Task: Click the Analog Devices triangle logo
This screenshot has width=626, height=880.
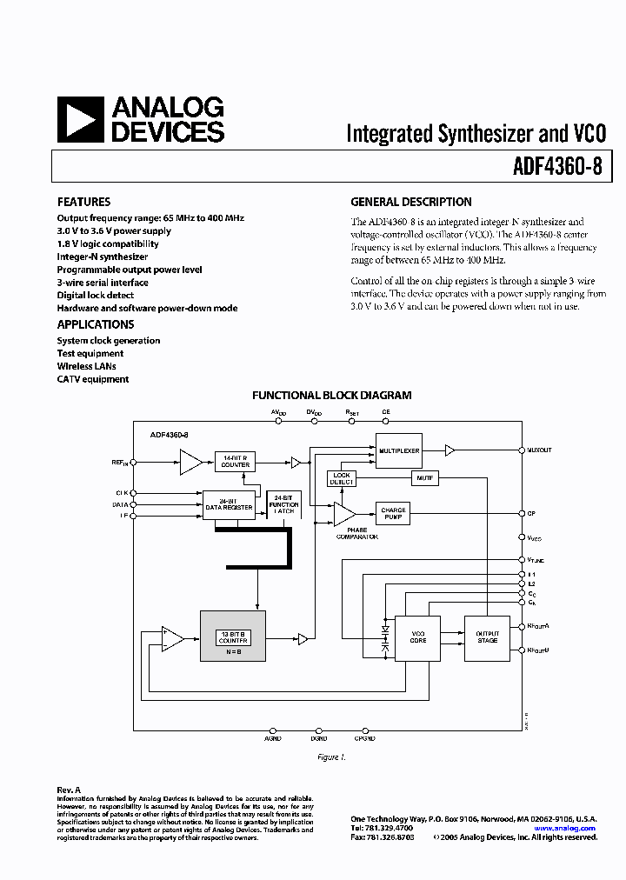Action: tap(80, 119)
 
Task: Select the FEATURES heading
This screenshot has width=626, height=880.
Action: tap(83, 202)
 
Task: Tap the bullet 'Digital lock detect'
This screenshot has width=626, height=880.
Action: tap(96, 296)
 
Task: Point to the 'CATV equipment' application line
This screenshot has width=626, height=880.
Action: tap(93, 379)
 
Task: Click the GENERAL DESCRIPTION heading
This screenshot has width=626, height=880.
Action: tap(411, 202)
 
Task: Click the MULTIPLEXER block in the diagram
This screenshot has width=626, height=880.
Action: tap(398, 450)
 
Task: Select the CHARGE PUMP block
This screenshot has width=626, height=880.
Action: tap(393, 513)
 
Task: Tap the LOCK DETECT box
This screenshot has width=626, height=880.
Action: tap(342, 478)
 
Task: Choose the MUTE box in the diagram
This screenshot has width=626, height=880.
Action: tap(424, 478)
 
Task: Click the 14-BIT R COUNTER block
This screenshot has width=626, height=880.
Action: tap(235, 462)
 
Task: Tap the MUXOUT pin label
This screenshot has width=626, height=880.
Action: tap(539, 450)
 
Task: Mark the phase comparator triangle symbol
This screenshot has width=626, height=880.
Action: tap(343, 514)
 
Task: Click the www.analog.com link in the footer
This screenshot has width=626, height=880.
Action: tap(565, 829)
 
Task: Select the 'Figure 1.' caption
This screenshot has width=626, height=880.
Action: tap(331, 757)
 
